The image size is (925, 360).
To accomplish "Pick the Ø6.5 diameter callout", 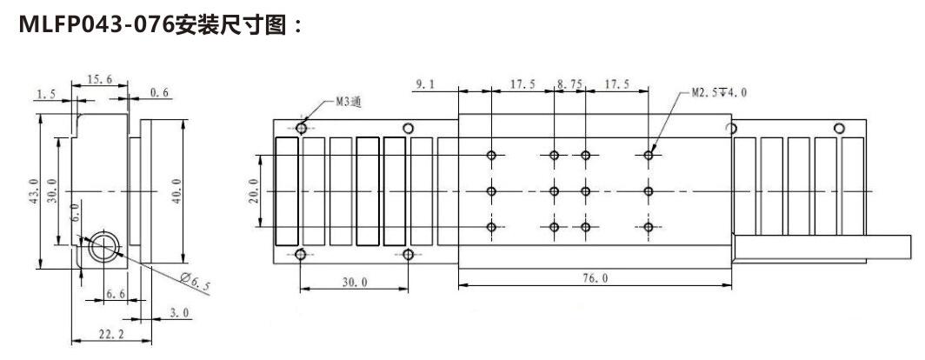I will (x=195, y=280).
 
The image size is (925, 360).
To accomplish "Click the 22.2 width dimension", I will (x=108, y=334).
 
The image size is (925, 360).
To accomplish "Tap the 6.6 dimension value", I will (x=115, y=295).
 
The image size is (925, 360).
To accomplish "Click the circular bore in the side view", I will (x=103, y=246).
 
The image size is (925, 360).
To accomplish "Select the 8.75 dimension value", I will (x=569, y=84).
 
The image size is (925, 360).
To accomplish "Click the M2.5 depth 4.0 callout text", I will (x=719, y=92).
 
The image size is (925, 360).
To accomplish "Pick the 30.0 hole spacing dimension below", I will (x=353, y=283).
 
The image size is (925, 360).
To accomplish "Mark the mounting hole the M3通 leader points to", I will (x=301, y=129).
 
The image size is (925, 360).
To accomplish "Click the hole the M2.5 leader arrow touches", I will (x=649, y=156).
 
